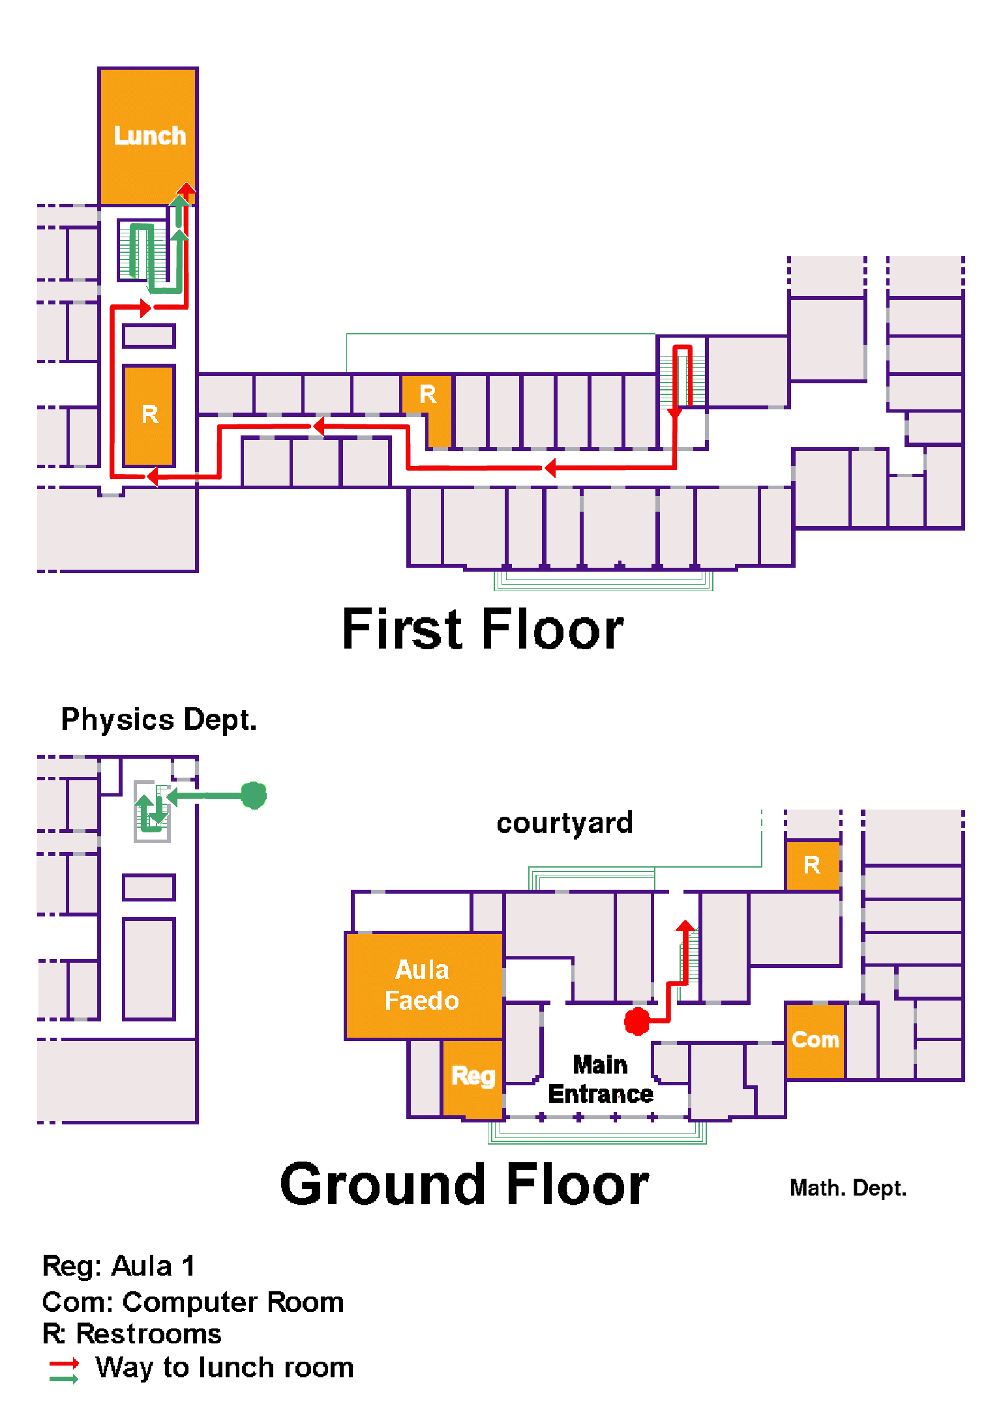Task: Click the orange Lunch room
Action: click(148, 136)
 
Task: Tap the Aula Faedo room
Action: click(424, 986)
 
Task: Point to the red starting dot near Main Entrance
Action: click(637, 1021)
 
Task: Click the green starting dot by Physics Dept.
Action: click(254, 795)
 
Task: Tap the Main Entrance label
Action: click(601, 1079)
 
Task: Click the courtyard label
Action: click(565, 823)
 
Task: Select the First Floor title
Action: click(483, 629)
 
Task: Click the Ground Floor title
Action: click(464, 1184)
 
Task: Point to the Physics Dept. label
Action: click(159, 720)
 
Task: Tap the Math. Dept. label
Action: click(848, 1188)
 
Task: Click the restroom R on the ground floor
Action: click(813, 866)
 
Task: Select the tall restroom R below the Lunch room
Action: click(149, 415)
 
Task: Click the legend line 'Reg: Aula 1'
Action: click(119, 1266)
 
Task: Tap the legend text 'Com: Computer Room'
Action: click(193, 1302)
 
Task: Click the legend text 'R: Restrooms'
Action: click(132, 1334)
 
